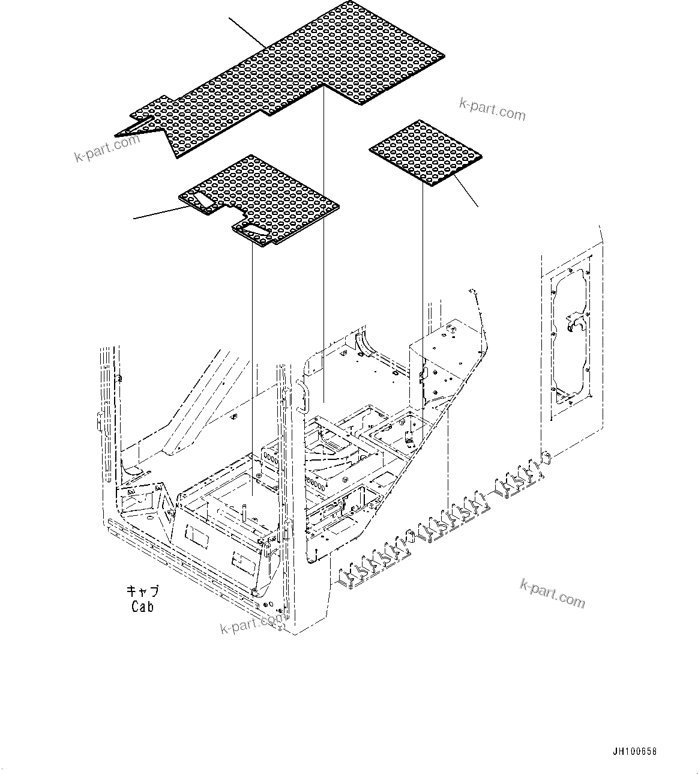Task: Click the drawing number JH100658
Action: click(635, 751)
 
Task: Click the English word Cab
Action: click(142, 606)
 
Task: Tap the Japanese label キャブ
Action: click(142, 591)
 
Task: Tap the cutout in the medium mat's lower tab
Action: click(253, 231)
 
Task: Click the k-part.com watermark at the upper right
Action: click(492, 109)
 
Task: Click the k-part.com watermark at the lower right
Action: click(552, 592)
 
